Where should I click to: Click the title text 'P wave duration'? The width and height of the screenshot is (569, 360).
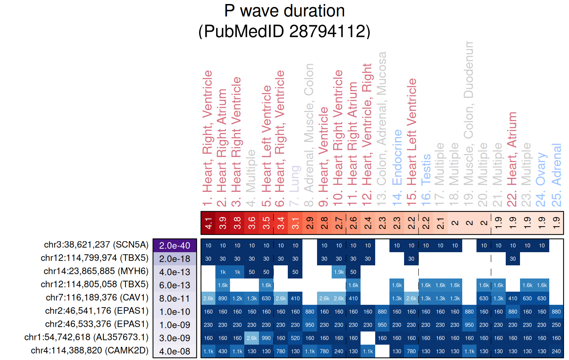284,11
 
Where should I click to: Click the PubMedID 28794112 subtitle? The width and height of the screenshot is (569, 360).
284,31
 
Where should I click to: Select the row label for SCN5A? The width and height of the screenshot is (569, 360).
96,245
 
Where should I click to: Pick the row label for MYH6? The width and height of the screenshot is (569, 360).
96,271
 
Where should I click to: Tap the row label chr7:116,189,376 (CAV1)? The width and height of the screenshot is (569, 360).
97,298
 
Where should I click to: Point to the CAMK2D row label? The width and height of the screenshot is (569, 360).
90,350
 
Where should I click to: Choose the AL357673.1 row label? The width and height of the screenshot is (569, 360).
86,337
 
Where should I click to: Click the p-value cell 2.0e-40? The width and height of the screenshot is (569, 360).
175,246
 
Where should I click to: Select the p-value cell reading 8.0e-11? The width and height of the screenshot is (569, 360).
175,299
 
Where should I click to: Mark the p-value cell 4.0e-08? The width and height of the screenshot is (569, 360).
175,352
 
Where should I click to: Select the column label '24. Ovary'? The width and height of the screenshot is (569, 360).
541,169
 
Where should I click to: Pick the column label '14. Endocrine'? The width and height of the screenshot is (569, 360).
397,157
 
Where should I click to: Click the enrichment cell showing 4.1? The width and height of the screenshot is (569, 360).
208,223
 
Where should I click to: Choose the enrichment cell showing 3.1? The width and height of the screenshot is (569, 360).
295,223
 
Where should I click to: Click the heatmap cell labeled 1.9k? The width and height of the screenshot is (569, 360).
339,272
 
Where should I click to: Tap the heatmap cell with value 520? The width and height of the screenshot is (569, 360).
295,338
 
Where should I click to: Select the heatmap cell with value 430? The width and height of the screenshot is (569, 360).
223,351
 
